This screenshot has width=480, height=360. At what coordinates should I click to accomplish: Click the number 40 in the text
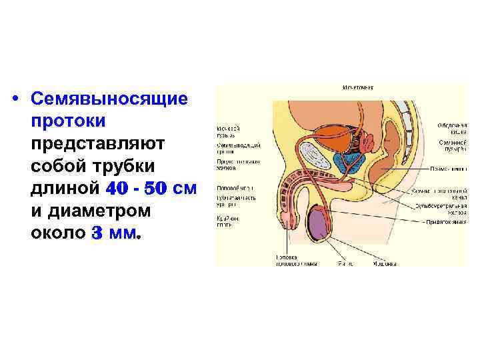coord(120,189)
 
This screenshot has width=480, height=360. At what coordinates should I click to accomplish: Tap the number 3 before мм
coord(98,234)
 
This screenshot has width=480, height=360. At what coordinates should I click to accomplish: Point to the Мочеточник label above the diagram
coord(357,87)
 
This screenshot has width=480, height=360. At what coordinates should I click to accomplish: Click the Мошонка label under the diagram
coord(384,263)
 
